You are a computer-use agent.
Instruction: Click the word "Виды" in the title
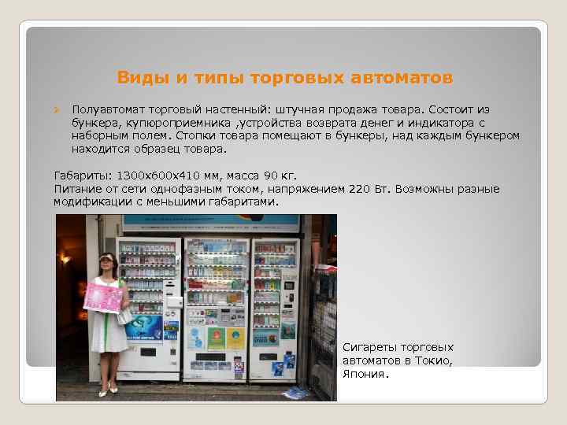tap(136, 78)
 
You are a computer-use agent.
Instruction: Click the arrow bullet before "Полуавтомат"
tap(57, 109)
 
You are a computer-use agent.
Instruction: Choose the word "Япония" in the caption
tap(364, 374)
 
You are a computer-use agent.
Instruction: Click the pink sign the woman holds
tap(102, 297)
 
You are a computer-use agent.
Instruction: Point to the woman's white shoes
tap(108, 389)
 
